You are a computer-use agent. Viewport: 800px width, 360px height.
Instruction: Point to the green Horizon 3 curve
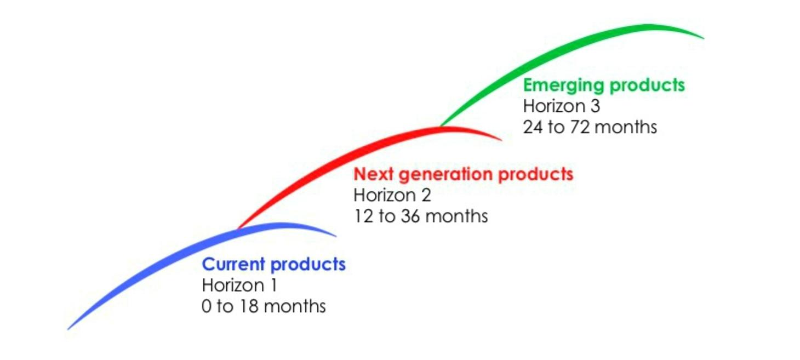coord(557,50)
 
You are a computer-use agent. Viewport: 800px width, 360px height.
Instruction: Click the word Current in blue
coord(233,264)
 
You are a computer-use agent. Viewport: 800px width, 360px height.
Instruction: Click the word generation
coord(445,175)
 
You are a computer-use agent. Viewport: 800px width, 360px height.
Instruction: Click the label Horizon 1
coord(239,285)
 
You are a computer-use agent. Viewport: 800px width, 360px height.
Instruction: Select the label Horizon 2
coord(392,195)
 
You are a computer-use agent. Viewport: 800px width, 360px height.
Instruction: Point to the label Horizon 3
coord(562,106)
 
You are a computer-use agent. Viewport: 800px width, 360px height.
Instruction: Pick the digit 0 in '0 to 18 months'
coord(207,306)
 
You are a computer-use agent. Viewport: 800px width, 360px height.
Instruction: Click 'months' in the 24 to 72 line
coord(626,128)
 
